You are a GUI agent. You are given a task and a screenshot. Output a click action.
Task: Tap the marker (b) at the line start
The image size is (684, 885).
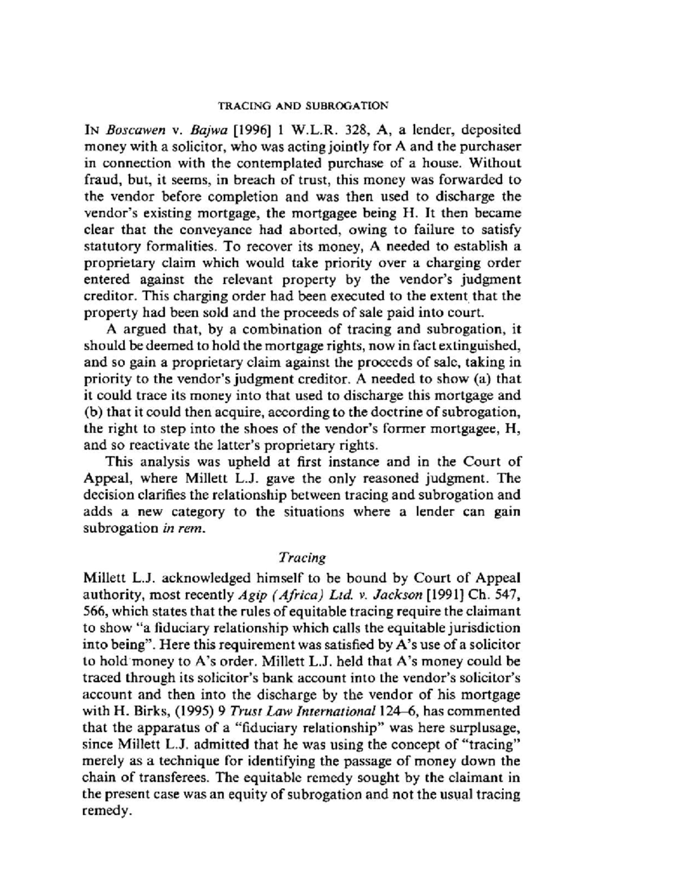[92, 412]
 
